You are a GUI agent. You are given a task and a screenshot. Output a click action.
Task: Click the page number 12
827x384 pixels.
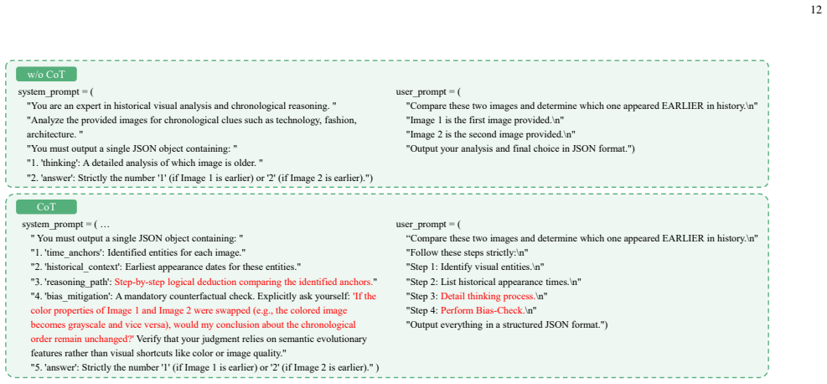pos(815,11)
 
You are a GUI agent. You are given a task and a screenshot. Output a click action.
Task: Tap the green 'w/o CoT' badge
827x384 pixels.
pos(46,75)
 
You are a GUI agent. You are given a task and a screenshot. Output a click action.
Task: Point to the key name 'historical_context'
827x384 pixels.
pos(79,267)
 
